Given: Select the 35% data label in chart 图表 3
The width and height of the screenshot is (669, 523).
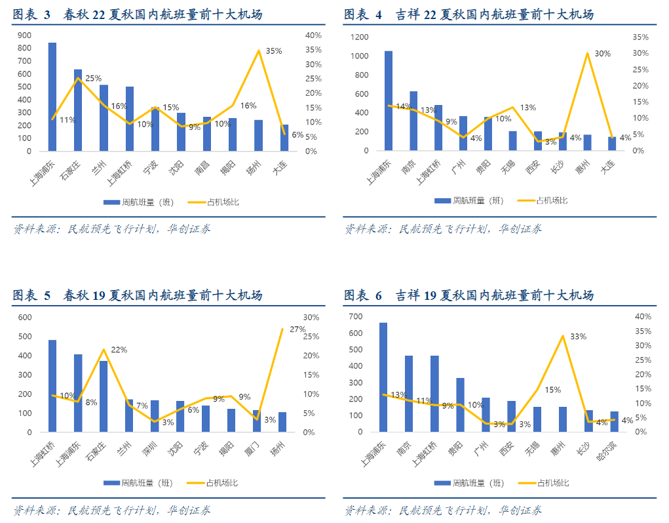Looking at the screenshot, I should (274, 51).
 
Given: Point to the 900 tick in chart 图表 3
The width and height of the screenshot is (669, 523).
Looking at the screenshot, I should (25, 35).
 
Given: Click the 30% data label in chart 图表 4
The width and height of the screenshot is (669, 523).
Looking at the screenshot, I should (602, 54).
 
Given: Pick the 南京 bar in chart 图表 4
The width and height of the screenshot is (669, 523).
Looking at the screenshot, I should (413, 121).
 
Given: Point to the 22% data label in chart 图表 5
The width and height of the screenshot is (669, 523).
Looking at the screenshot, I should (119, 350).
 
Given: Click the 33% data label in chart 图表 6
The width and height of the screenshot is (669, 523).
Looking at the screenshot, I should (578, 336).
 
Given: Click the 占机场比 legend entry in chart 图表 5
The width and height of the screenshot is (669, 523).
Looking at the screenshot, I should (213, 483).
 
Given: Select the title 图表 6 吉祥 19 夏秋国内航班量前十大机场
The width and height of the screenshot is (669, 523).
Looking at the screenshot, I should (468, 296).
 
